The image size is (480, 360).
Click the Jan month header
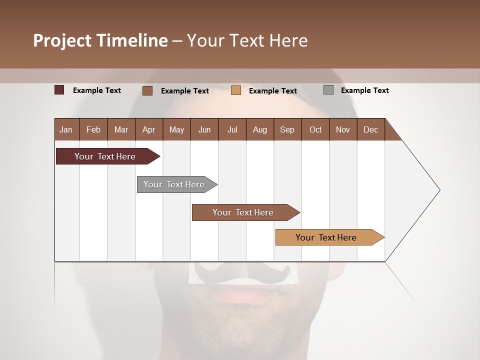coord(66,129)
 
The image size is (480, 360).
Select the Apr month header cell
coord(149,129)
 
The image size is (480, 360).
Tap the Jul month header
coord(232,129)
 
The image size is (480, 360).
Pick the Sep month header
coord(287,129)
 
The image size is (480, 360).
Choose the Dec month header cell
coord(370,129)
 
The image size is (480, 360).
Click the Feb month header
coord(93,129)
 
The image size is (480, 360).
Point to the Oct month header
coord(315,129)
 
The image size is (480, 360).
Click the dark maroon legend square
coord(59,90)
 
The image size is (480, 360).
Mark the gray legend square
coord(328,90)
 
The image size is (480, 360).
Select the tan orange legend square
coord(236,90)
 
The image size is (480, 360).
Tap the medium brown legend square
coord(147,90)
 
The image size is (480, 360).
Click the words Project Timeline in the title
coord(100,40)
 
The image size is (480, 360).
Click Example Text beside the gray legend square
coord(364,90)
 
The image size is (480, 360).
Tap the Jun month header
coord(204,129)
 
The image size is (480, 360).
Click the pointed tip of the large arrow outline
coord(438,190)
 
